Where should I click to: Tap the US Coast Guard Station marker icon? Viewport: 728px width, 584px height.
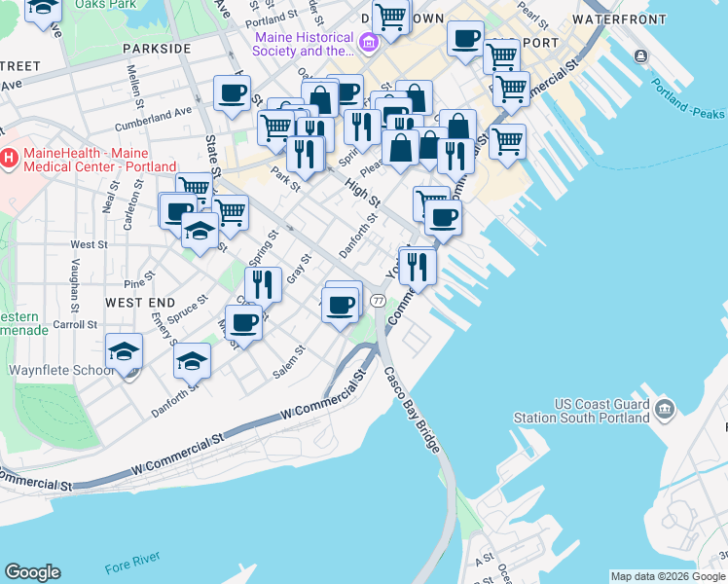click(x=666, y=405)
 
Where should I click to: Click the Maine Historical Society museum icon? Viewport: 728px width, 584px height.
click(x=368, y=42)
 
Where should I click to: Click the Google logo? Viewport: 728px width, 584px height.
click(x=32, y=572)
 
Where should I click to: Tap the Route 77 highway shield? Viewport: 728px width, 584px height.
click(x=378, y=303)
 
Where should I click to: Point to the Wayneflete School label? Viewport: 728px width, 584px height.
click(x=61, y=371)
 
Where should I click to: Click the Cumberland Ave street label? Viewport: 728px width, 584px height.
click(x=153, y=119)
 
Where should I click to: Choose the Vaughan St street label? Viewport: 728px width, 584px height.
click(x=74, y=283)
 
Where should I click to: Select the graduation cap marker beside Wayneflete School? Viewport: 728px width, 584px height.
click(x=125, y=352)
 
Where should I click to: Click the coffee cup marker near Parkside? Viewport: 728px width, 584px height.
click(x=232, y=94)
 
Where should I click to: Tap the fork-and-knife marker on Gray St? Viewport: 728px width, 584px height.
click(x=263, y=284)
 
